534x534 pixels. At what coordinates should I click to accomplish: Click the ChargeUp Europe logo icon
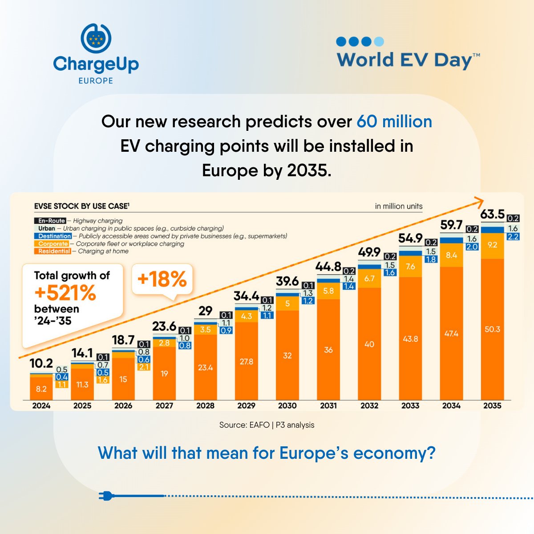click(x=96, y=38)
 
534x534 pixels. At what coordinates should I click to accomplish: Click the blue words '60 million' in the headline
click(x=394, y=121)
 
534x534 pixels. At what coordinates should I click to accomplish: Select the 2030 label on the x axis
click(x=287, y=405)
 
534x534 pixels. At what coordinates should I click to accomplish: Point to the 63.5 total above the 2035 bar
click(x=492, y=214)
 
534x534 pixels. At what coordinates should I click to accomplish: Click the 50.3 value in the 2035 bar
click(x=492, y=329)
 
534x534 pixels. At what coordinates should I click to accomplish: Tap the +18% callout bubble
click(x=162, y=279)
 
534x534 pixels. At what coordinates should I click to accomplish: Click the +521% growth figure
click(x=65, y=292)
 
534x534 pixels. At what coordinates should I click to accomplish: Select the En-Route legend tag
click(x=52, y=221)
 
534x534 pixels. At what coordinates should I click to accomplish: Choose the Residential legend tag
click(x=54, y=251)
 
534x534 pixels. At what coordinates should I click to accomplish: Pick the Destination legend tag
click(x=54, y=236)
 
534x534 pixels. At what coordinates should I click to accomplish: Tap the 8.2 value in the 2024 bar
click(x=41, y=389)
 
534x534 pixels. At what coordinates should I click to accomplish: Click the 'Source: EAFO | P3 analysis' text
click(x=267, y=425)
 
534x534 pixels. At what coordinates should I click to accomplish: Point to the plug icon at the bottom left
click(x=106, y=496)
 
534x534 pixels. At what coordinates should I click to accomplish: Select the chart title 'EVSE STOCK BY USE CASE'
click(x=81, y=206)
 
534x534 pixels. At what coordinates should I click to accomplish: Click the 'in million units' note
click(x=398, y=206)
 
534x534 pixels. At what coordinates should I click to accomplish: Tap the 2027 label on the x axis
click(x=164, y=405)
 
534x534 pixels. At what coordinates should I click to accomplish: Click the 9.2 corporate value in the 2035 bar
click(x=492, y=245)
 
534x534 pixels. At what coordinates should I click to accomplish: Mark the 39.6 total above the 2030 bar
click(x=287, y=281)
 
